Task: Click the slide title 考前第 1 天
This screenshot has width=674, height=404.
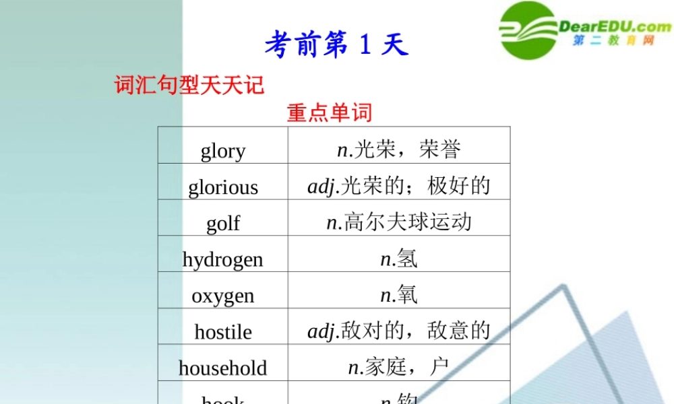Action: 336,45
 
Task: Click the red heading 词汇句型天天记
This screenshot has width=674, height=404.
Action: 189,86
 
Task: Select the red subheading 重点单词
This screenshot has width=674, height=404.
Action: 330,112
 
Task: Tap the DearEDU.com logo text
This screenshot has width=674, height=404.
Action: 615,26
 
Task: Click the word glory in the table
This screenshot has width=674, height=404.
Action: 223,151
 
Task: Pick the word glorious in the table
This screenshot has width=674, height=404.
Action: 223,187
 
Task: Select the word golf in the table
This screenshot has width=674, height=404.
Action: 223,223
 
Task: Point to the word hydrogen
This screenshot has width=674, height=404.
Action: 223,259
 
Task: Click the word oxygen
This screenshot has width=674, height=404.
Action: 223,296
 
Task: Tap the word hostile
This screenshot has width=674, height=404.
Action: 223,332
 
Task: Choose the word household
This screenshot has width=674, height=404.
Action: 223,368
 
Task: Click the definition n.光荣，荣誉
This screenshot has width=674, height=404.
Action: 399,149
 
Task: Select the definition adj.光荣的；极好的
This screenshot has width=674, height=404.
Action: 399,186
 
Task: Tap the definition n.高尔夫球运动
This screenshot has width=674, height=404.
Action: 399,222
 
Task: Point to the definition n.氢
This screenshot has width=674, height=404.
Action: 399,259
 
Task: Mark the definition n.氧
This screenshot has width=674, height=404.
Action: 399,295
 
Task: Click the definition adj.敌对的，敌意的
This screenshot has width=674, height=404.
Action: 399,331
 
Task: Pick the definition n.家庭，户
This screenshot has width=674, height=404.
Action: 399,367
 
